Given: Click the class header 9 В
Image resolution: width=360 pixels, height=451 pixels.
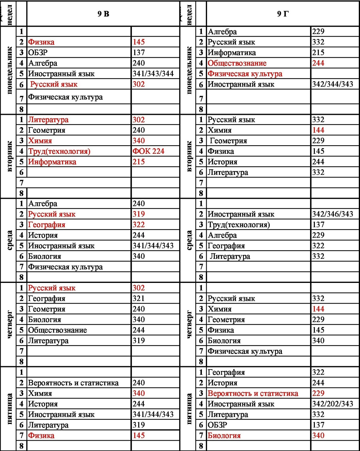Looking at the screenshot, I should pos(103,14).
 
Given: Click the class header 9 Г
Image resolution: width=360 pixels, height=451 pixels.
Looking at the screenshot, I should pos(282,14).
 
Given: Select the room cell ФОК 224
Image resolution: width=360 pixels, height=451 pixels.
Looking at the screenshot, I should pos(148,151).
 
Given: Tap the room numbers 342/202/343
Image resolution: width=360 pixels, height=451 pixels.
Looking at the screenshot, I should pos(332,404).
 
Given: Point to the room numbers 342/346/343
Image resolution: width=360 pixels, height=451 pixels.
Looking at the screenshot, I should pos(332,214).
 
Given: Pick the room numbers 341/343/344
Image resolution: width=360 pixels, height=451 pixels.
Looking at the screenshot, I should pos(153,74).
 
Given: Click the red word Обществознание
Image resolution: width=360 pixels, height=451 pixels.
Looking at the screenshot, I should pos(237,63).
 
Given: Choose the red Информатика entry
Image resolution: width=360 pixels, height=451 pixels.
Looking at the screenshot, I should pos(52,162).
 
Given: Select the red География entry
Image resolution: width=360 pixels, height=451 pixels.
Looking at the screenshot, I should pos(47,225).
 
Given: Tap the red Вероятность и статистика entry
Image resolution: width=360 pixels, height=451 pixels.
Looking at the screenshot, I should pos(253,393).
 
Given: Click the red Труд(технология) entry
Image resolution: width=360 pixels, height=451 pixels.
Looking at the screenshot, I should pos(59,151).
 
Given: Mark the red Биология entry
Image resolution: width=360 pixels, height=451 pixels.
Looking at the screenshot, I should pos(224,435).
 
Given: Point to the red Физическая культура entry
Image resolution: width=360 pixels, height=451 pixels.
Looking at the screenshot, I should pos(245,74).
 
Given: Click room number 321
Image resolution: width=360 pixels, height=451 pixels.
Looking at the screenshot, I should pos(139,298).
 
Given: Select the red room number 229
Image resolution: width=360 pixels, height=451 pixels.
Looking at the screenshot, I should pos(318,393).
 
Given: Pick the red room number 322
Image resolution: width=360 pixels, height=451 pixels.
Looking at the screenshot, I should pos(139,225).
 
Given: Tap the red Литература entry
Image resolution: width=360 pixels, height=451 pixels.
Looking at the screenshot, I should pos(48,120).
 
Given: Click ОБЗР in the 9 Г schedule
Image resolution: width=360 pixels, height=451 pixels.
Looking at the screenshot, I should pos(217,425).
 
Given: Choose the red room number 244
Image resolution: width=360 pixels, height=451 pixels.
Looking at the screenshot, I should pos(318,63).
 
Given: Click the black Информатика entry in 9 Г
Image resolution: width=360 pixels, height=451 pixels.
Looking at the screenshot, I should pos(232,53).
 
